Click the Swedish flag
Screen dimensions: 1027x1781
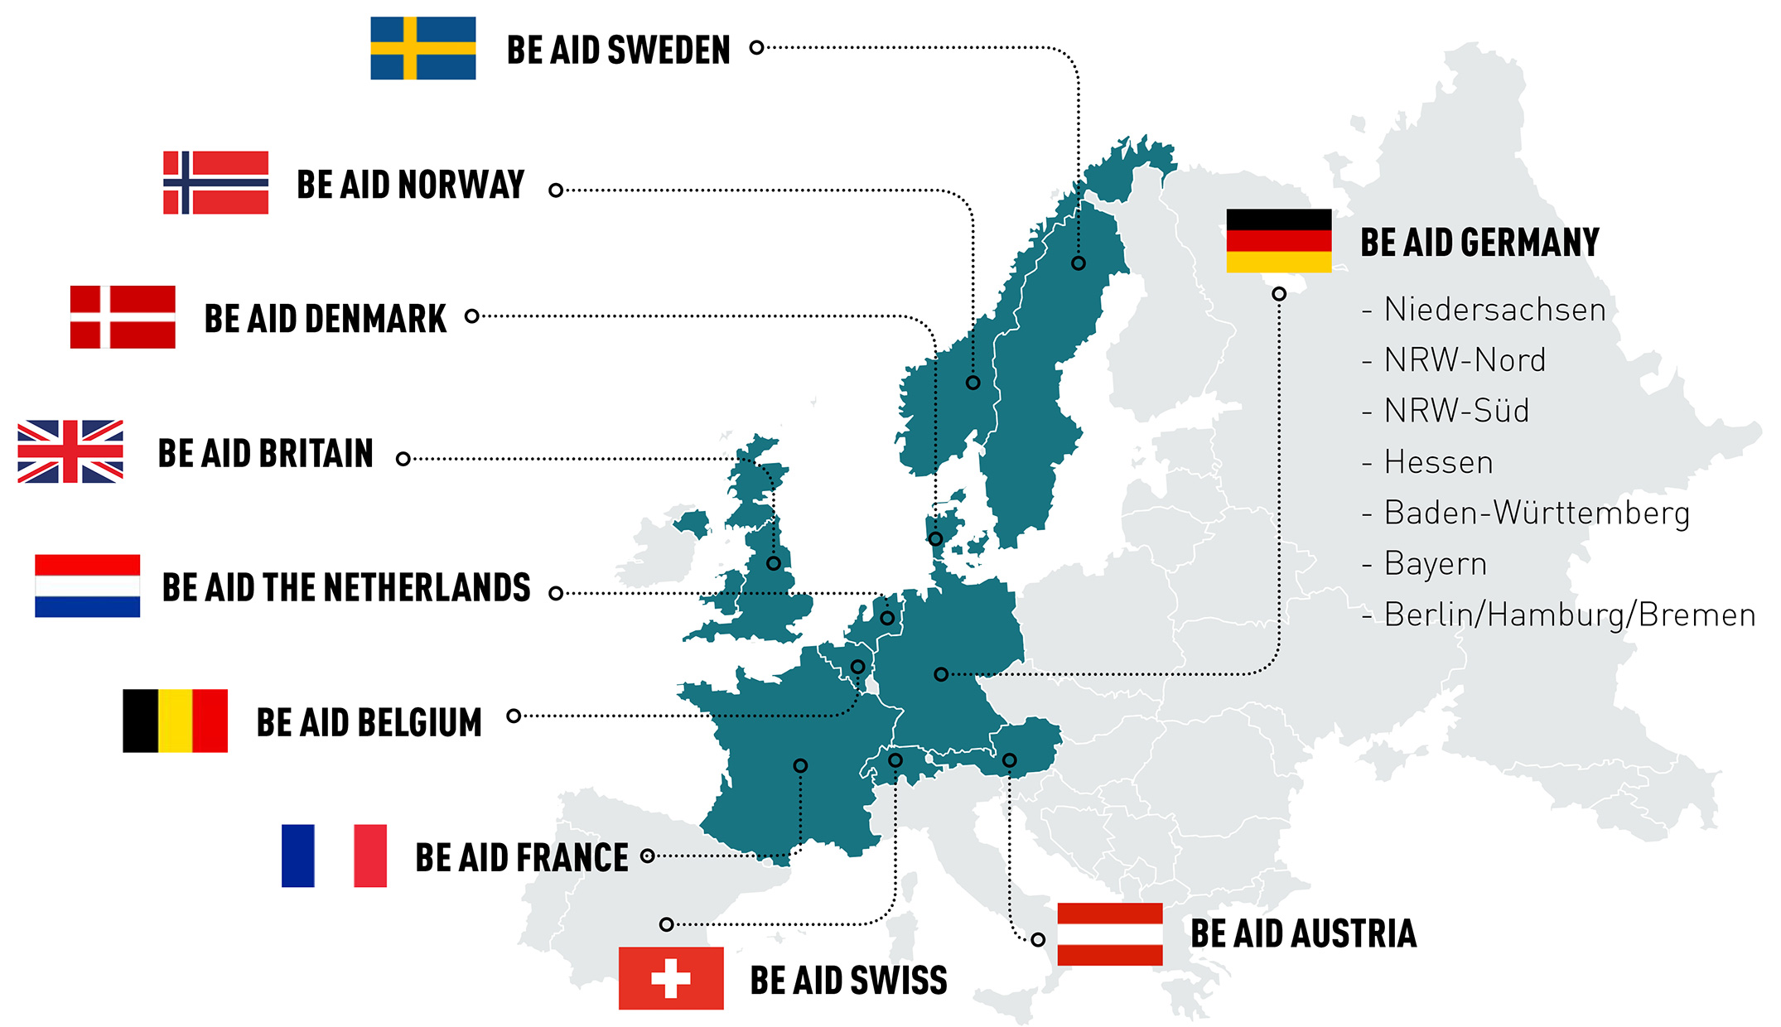tap(422, 48)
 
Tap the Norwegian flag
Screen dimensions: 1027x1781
tap(215, 182)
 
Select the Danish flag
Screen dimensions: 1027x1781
tap(123, 316)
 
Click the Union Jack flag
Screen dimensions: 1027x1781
tap(70, 451)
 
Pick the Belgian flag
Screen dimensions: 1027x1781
tap(175, 721)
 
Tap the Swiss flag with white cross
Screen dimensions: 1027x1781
tap(671, 978)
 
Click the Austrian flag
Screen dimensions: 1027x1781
tap(1110, 934)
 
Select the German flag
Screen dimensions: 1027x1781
tap(1279, 240)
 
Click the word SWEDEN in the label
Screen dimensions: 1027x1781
tap(669, 51)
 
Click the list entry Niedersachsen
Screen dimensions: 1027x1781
tap(1494, 310)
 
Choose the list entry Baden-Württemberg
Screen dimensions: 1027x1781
tap(1536, 513)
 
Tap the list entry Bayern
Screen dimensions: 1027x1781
tap(1435, 564)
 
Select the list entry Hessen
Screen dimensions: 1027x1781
tap(1438, 462)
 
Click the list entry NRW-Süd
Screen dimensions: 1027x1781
tap(1456, 411)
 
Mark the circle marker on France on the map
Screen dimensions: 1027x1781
tap(800, 765)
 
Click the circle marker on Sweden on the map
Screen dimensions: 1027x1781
tap(1078, 263)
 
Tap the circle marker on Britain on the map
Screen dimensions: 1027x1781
tap(774, 563)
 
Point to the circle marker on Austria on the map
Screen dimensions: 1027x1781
tap(1009, 759)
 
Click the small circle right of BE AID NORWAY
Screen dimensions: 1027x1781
tap(556, 190)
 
